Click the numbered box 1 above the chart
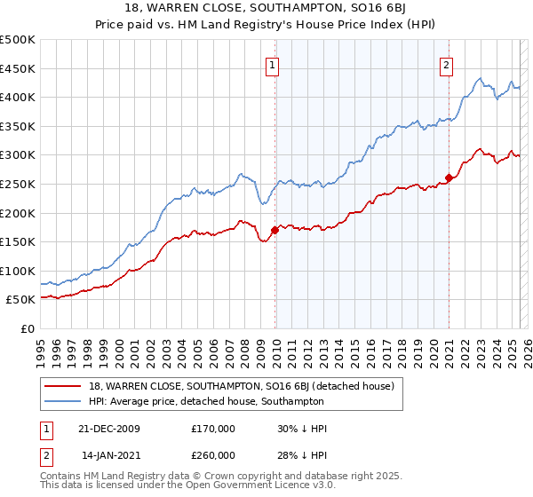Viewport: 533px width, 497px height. point(271,64)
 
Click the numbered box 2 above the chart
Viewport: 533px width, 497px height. point(445,64)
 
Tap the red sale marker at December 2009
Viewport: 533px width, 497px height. point(274,230)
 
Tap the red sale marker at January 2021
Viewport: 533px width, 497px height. point(449,178)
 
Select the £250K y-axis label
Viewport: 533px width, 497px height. point(18,184)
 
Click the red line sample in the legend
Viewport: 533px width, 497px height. point(63,385)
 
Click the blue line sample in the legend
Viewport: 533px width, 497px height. point(63,401)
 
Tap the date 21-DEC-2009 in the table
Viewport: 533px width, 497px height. point(109,429)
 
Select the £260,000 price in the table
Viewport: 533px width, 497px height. point(213,454)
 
